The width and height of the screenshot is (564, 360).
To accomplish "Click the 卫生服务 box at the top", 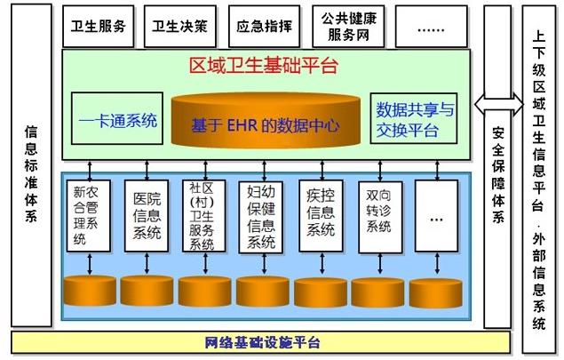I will coord(98,26).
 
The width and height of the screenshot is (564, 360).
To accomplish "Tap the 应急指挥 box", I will coord(263,26).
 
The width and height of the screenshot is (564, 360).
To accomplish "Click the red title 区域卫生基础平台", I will coord(264,65).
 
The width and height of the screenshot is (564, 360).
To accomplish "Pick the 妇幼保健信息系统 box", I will coord(261,215).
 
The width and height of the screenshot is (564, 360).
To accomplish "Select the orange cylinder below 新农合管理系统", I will coord(90,291).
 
